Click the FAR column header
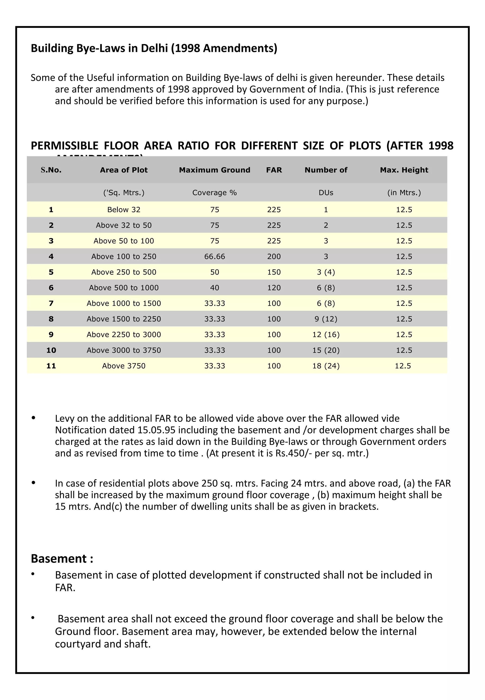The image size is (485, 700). tap(274, 170)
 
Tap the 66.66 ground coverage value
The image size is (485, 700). tap(215, 256)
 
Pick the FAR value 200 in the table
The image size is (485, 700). tap(274, 256)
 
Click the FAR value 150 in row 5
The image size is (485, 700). tap(274, 272)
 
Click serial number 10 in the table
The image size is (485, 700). tap(51, 350)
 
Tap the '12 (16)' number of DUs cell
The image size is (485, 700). tap(326, 335)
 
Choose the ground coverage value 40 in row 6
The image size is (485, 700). tap(215, 288)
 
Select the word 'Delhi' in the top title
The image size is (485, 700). tap(154, 48)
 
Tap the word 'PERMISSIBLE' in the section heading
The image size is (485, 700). tap(64, 146)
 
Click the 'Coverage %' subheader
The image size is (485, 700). tap(215, 193)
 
